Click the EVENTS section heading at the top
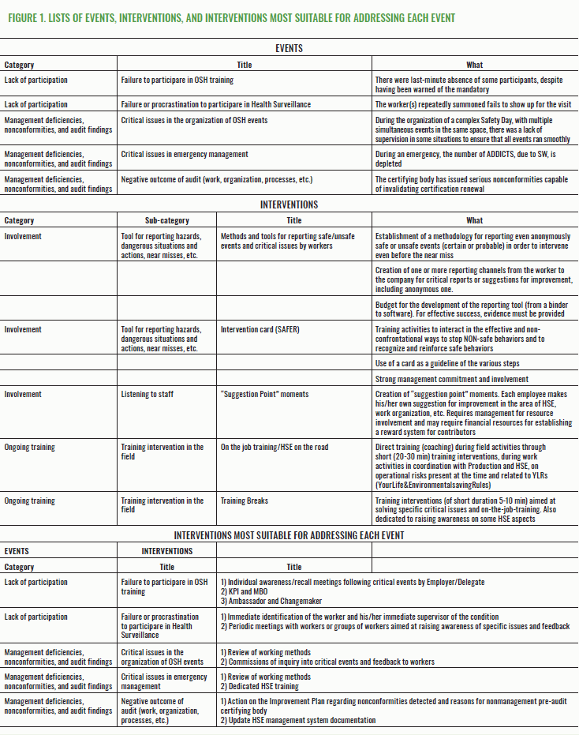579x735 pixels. point(289,49)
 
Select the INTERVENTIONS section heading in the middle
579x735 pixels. point(289,204)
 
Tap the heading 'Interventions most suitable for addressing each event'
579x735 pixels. point(289,535)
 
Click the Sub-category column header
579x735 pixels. point(166,221)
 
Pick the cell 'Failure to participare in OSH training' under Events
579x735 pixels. point(177,80)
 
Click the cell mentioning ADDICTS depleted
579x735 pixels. point(472,159)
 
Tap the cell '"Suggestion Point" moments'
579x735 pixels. point(265,394)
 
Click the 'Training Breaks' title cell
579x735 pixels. point(245,501)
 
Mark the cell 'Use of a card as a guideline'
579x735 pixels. point(458,362)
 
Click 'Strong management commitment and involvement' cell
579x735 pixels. point(463,379)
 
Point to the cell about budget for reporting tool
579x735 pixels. point(472,308)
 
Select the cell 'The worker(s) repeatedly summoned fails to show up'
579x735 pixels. point(472,104)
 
